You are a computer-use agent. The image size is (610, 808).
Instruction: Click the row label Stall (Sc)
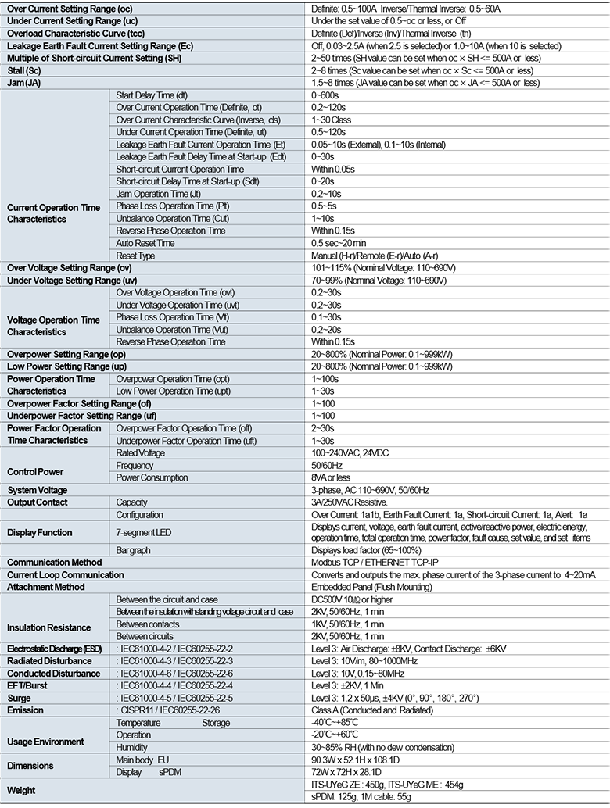(x=25, y=70)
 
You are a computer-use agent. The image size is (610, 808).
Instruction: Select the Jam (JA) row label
(x=24, y=82)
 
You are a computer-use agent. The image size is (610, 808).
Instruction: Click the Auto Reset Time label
(x=145, y=243)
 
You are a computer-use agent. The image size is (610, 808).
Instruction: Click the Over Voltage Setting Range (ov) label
(x=69, y=268)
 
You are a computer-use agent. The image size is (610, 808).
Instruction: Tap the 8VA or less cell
(x=331, y=477)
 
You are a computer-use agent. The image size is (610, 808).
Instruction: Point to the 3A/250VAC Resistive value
(x=350, y=502)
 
